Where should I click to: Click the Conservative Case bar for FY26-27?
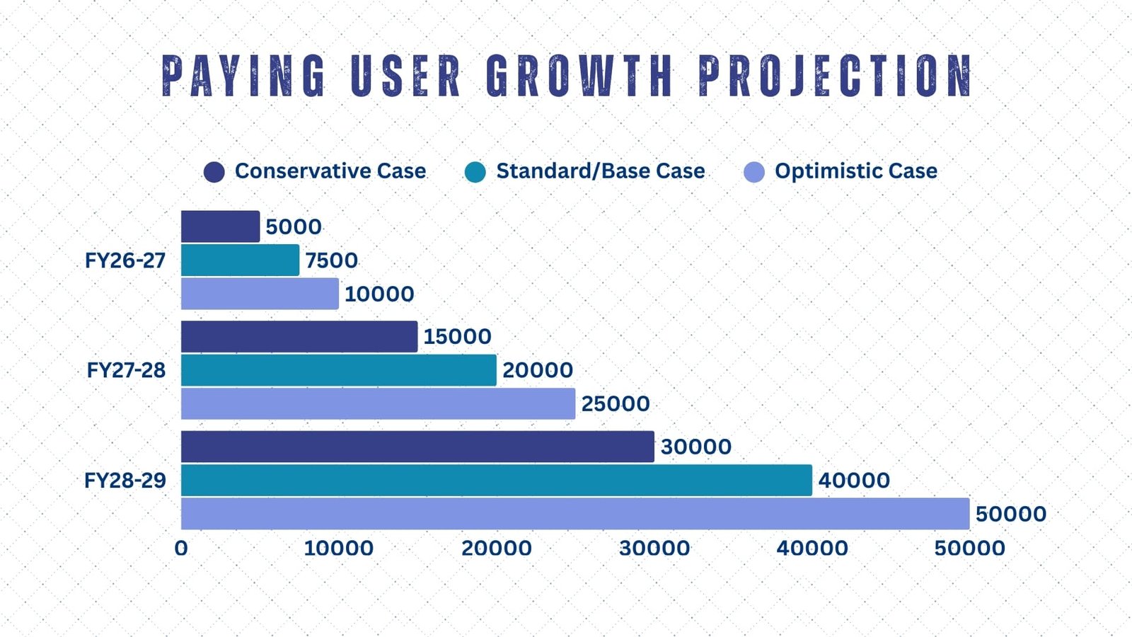220,226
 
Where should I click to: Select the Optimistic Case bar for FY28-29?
575,514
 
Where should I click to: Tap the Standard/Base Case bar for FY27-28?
339,370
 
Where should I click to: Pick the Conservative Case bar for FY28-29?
417,447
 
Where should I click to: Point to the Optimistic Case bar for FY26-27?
260,294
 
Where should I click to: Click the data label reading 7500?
331,260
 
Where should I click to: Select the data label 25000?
616,403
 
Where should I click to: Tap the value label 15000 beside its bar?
457,336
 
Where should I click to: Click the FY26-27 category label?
125,260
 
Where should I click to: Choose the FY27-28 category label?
126,370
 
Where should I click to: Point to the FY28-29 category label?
125,481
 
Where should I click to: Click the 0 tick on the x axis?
181,548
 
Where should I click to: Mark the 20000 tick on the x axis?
497,548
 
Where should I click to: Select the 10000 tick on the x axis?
339,548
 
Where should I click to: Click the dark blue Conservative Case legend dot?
214,172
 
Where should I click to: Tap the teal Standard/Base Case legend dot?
475,172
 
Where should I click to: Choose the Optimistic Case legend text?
856,171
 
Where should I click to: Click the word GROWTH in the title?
579,76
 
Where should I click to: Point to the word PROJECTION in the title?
836,76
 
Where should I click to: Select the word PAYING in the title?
244,76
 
